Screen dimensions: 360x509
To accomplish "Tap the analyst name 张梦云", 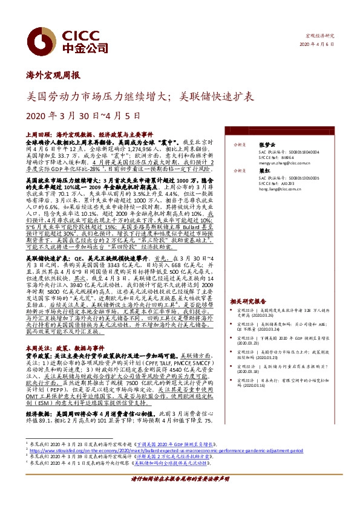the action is [x=266, y=145].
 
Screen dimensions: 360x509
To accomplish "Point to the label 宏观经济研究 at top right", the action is [x=321, y=36].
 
